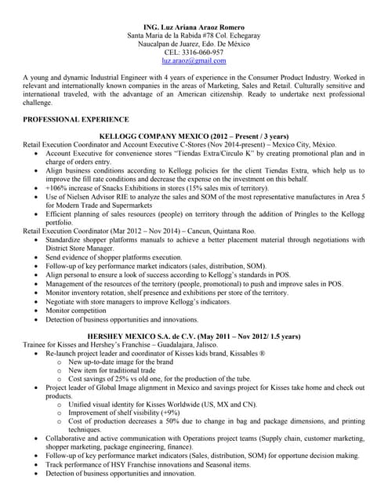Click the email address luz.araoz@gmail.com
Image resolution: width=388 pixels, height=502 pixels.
[194, 60]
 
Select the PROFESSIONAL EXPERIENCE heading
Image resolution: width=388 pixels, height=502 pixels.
[76, 119]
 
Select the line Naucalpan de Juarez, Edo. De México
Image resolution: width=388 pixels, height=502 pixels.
[194, 44]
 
